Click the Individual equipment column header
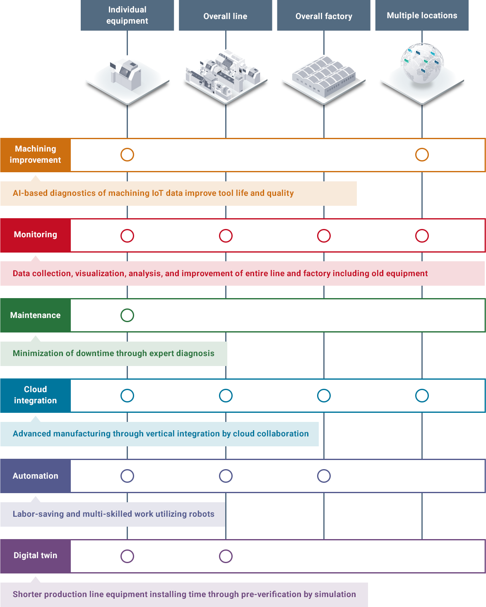click(127, 15)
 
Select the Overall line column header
click(225, 16)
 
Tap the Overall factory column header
click(324, 16)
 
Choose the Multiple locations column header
click(422, 16)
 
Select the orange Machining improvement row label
click(36, 154)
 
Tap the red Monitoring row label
click(36, 235)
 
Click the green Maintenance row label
click(36, 315)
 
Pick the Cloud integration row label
click(36, 395)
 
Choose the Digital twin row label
click(36, 556)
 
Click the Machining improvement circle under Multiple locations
click(422, 155)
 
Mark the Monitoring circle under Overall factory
click(324, 236)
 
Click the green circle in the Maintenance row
click(127, 315)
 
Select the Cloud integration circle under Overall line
click(226, 395)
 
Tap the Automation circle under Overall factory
click(324, 476)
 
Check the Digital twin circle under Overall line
click(226, 556)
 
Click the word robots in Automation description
click(202, 514)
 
